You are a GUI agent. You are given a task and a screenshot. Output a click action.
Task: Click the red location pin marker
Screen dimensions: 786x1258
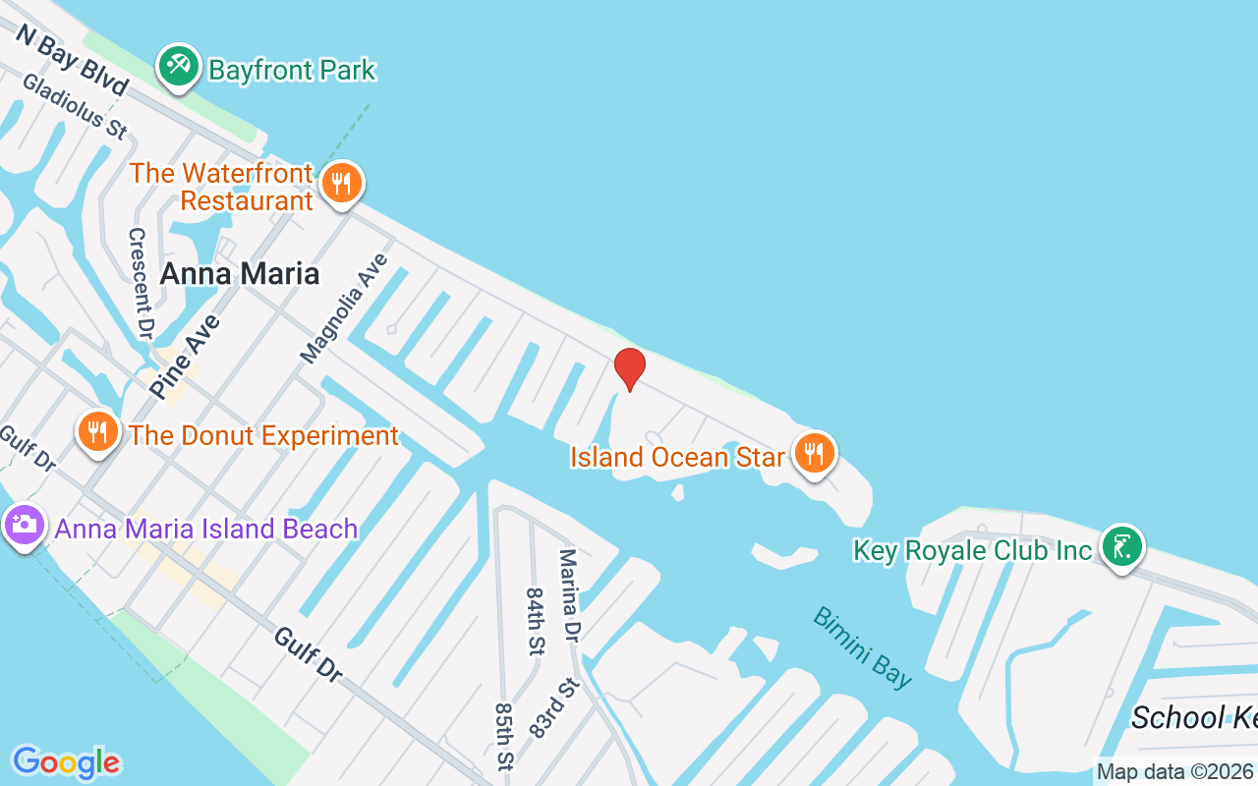[629, 368]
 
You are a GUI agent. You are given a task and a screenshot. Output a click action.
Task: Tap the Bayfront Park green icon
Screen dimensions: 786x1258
[178, 67]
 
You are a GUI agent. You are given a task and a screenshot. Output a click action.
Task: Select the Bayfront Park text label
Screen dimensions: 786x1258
[292, 71]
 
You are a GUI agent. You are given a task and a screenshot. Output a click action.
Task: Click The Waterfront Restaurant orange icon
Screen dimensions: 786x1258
[341, 184]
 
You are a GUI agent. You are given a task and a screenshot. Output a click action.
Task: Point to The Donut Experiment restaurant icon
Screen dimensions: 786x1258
[97, 432]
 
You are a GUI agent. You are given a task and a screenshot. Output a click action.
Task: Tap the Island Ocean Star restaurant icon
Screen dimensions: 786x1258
[814, 454]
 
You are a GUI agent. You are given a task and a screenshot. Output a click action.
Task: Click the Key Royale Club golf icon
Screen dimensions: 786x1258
[1119, 545]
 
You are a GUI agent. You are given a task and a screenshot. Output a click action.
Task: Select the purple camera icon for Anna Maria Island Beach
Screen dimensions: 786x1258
[25, 525]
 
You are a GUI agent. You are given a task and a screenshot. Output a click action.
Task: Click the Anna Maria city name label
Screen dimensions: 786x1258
[240, 273]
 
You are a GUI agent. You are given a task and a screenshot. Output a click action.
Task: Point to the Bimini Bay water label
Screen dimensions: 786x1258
[863, 646]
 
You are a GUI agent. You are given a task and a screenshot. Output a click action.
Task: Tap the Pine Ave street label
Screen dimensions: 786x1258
[185, 356]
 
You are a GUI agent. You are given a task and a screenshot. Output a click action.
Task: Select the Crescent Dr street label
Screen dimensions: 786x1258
[141, 284]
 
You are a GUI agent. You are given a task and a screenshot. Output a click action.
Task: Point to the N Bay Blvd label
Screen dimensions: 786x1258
[71, 61]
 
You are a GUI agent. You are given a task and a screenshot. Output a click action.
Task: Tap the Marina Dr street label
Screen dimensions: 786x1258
[569, 596]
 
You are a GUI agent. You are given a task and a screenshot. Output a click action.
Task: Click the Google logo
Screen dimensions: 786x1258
[66, 762]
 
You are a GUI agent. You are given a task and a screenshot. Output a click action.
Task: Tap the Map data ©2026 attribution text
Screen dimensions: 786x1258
[1175, 772]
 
